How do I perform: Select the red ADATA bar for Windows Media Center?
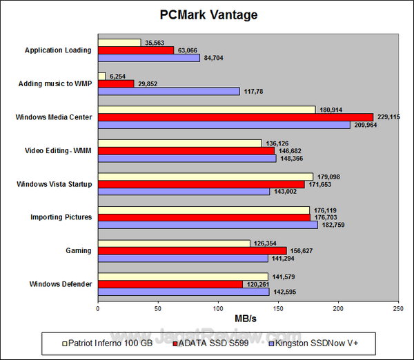coord(235,117)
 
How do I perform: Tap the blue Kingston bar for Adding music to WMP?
coord(168,92)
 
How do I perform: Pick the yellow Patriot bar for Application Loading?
coord(119,42)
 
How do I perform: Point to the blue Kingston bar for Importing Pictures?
coord(208,225)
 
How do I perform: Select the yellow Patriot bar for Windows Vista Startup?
coord(205,176)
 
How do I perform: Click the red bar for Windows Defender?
coord(170,283)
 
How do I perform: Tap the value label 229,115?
coord(388,117)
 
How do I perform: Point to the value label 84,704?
coord(215,59)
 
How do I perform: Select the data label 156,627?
coord(300,250)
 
